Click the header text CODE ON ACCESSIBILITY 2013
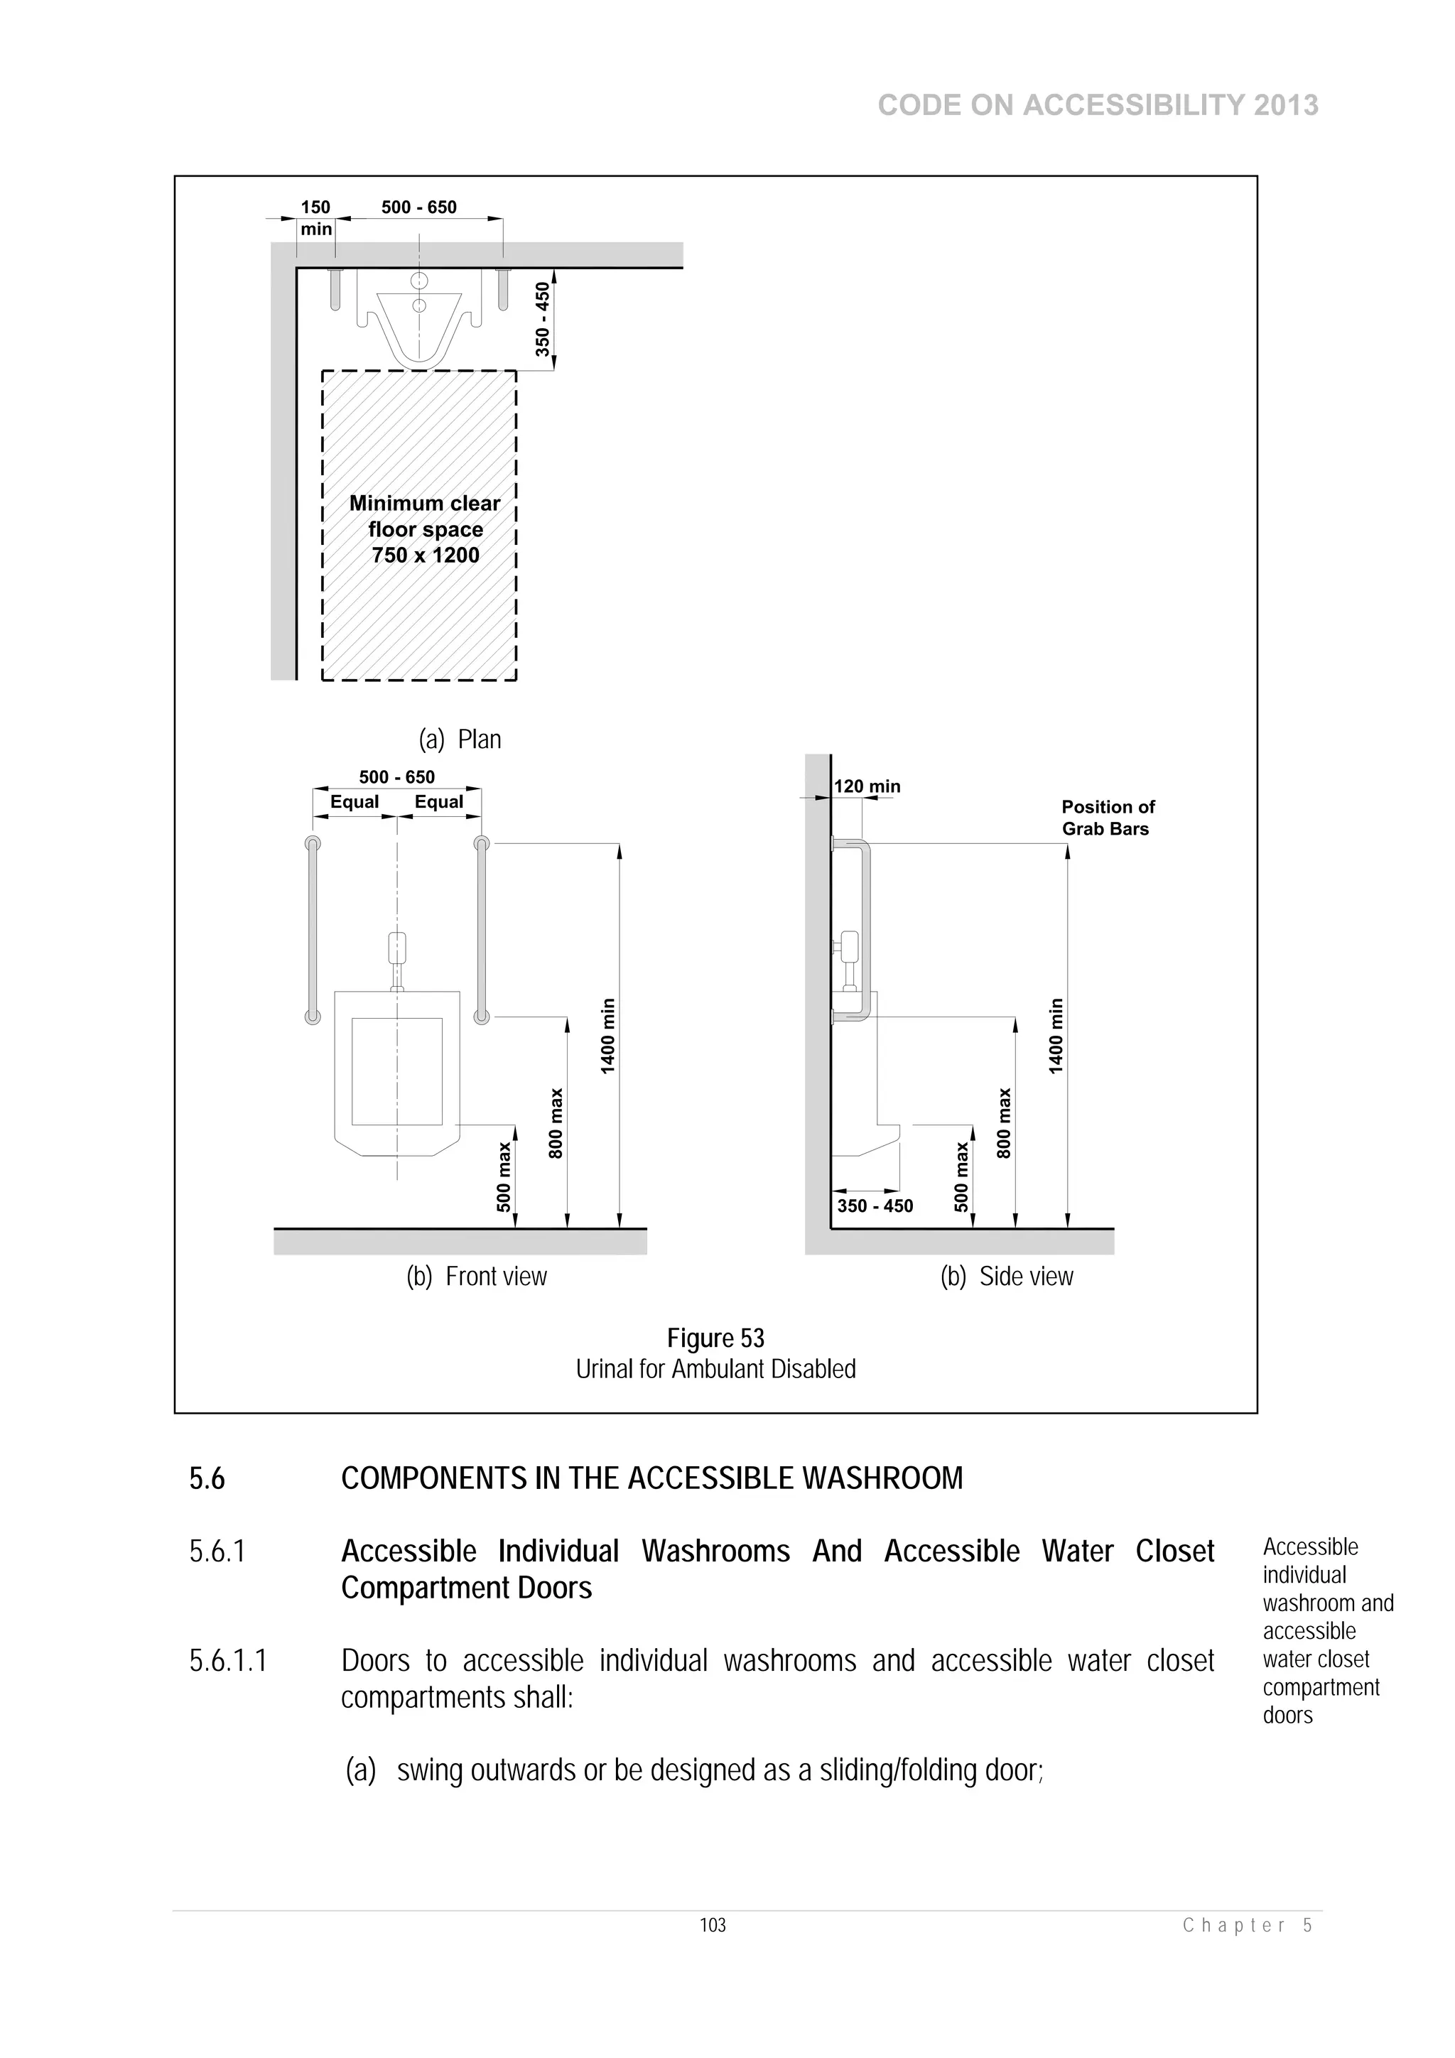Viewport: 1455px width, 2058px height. coord(1098,106)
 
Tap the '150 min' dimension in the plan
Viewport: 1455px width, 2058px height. coord(315,218)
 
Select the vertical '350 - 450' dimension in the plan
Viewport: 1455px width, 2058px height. coord(542,319)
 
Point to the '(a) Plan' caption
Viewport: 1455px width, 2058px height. coord(460,740)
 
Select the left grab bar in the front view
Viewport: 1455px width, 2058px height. coord(312,928)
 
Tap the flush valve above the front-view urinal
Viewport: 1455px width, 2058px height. coord(397,948)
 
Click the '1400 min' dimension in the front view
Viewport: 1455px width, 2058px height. coord(609,1035)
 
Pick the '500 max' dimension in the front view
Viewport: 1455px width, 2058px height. coord(504,1177)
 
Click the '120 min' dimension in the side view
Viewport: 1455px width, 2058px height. coord(867,786)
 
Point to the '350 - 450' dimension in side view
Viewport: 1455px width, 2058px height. coord(875,1206)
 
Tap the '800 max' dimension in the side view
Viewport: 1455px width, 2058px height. coord(1004,1123)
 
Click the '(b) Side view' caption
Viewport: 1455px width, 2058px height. coord(1006,1277)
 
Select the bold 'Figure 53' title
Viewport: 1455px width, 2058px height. coord(715,1338)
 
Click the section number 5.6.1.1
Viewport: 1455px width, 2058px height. coord(228,1661)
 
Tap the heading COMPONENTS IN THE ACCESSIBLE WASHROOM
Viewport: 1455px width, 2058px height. coord(651,1478)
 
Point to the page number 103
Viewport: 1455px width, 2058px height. coord(713,1925)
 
